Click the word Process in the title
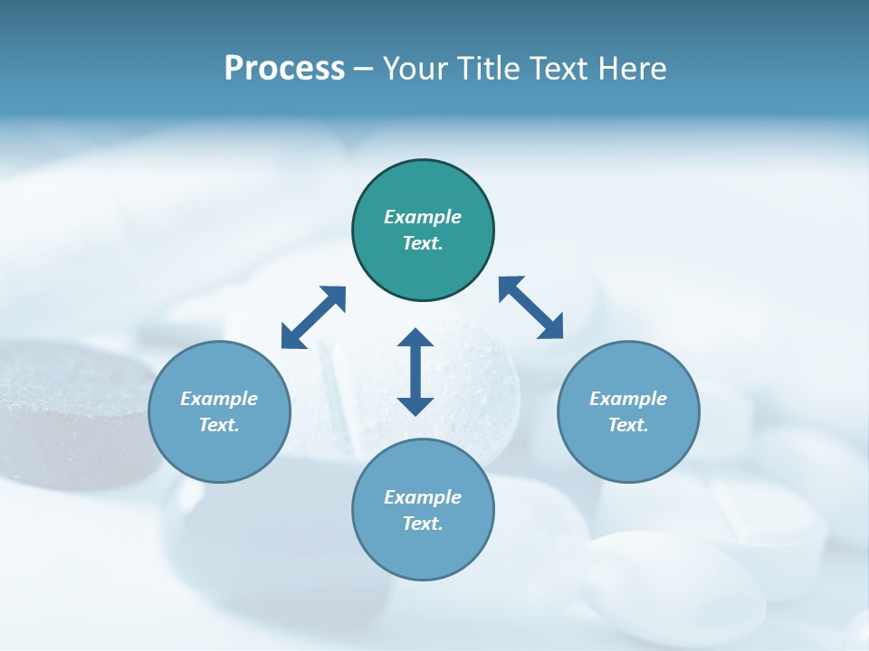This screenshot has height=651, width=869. (x=284, y=69)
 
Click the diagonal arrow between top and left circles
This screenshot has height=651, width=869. (x=313, y=317)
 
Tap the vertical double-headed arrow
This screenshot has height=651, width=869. (x=415, y=372)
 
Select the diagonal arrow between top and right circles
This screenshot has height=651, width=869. (x=530, y=307)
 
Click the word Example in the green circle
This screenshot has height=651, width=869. (x=423, y=217)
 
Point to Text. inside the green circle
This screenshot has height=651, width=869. (x=423, y=243)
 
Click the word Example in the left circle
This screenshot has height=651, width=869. (x=219, y=399)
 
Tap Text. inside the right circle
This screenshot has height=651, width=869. (x=628, y=425)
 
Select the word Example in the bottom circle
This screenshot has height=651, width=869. (x=423, y=497)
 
